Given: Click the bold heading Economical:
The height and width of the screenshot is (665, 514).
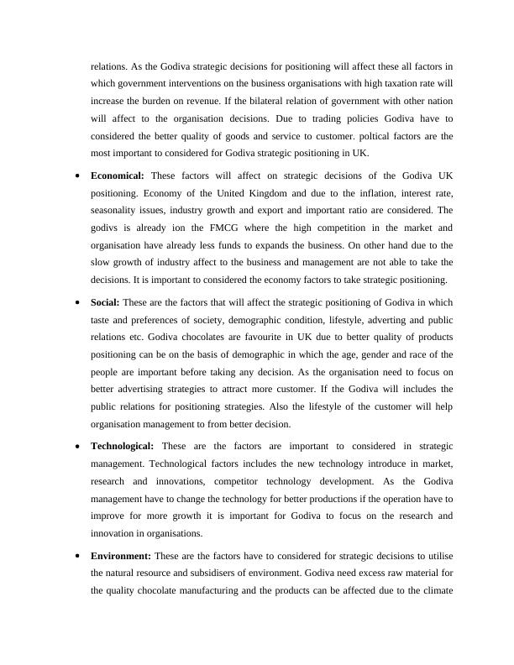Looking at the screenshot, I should [x=118, y=175].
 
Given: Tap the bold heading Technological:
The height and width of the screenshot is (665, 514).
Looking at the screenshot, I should [x=122, y=445].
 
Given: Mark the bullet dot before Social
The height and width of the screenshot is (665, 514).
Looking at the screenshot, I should [x=78, y=302].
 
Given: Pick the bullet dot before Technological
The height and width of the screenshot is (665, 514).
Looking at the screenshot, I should [x=78, y=446].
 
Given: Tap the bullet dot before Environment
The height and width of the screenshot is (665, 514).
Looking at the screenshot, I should [x=78, y=556].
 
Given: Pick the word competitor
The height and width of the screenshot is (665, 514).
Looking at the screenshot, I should [x=210, y=480].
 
